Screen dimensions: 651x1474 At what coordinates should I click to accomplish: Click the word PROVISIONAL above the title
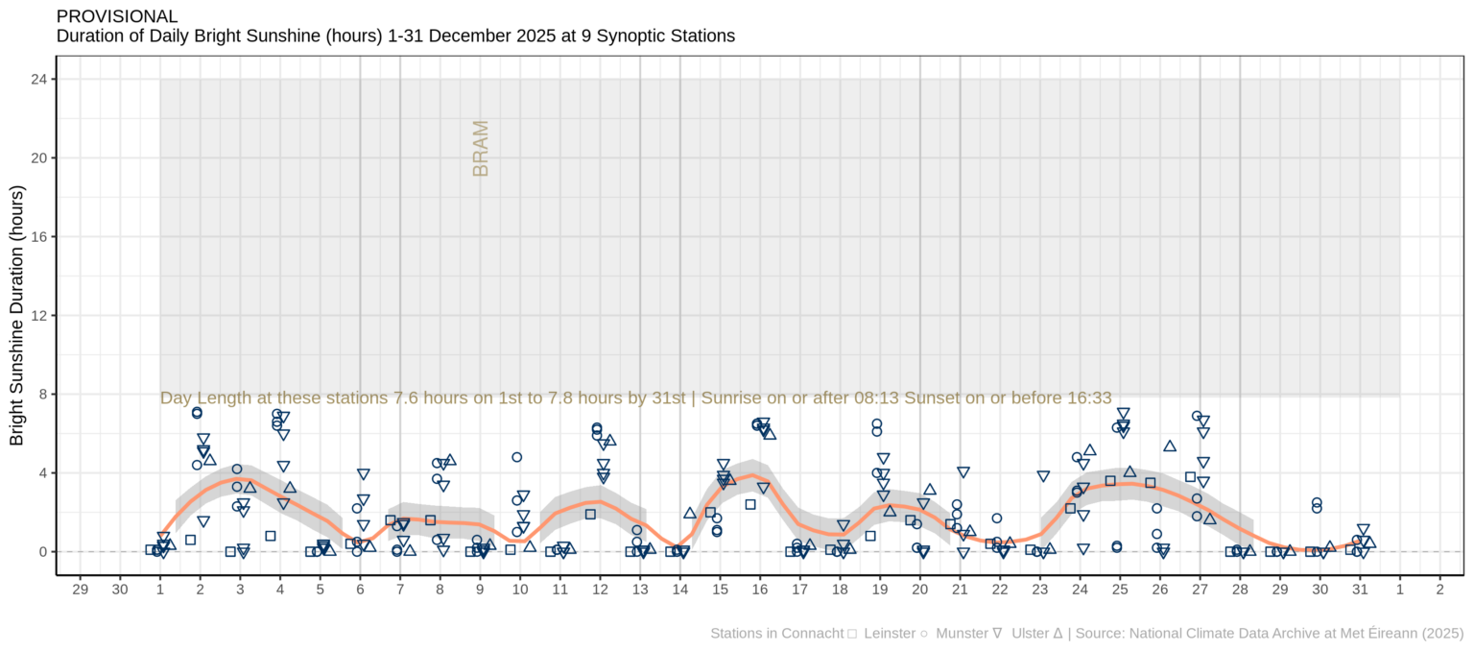coord(117,16)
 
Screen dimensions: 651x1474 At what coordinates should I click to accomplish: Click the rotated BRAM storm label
coord(481,148)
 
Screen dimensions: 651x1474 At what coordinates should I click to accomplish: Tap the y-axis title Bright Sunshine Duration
coord(17,328)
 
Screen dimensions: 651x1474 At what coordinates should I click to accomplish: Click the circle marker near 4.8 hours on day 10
coord(517,457)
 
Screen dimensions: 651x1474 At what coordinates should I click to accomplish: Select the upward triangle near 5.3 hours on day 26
coord(1170,446)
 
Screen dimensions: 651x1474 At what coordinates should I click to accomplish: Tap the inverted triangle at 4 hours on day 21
coord(963,472)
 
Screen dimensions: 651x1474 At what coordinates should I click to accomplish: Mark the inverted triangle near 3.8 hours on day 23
coord(1043,476)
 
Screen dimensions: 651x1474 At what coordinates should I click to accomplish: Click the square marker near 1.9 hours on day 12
coord(591,515)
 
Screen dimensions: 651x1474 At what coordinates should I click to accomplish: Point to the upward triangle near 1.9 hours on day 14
coord(690,514)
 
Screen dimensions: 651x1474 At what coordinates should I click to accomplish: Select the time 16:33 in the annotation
coord(1090,398)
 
